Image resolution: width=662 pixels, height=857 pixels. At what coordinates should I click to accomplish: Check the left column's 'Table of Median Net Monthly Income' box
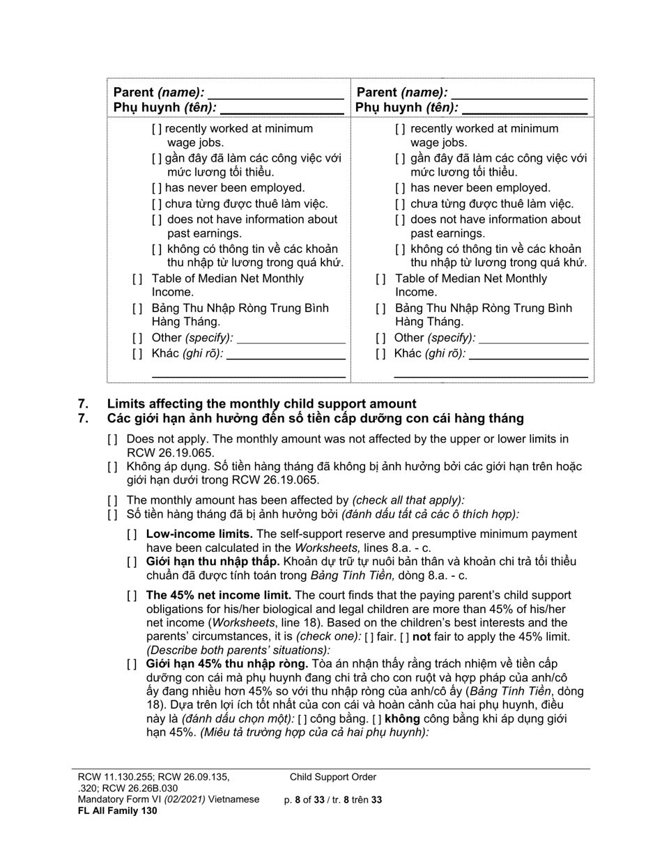tap(137, 279)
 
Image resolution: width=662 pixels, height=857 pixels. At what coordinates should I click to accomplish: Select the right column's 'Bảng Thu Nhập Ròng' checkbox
tap(380, 309)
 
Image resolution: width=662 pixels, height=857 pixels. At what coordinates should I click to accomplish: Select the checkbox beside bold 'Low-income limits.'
tap(132, 534)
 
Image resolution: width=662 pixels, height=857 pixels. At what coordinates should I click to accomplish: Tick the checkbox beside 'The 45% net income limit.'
tap(132, 596)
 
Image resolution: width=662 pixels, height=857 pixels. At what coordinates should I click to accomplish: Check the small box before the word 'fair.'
tap(369, 638)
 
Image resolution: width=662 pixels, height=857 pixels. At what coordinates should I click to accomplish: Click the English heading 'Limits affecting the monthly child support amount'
tap(261, 404)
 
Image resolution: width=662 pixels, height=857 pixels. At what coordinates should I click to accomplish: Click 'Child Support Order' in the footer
tap(333, 778)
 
